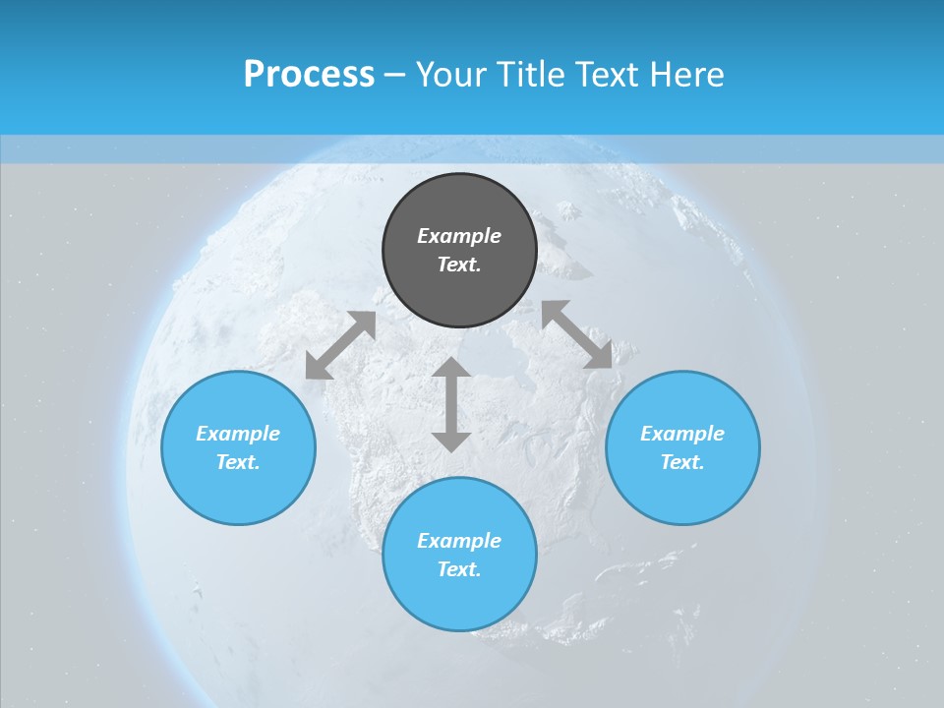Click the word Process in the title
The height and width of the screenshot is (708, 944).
click(309, 75)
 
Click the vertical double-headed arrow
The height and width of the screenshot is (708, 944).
click(451, 404)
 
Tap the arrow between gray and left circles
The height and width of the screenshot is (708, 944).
click(340, 345)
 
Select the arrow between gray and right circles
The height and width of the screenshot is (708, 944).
click(577, 334)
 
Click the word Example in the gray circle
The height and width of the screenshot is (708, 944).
click(459, 236)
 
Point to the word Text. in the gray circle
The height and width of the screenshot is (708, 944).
click(459, 265)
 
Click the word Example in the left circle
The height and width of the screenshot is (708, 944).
click(238, 434)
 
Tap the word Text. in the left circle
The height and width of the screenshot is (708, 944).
click(238, 462)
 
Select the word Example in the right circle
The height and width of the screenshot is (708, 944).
click(682, 434)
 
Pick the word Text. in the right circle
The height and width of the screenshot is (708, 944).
click(682, 462)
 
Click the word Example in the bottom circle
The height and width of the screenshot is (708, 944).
click(459, 541)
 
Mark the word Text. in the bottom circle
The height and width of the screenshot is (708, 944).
click(459, 569)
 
